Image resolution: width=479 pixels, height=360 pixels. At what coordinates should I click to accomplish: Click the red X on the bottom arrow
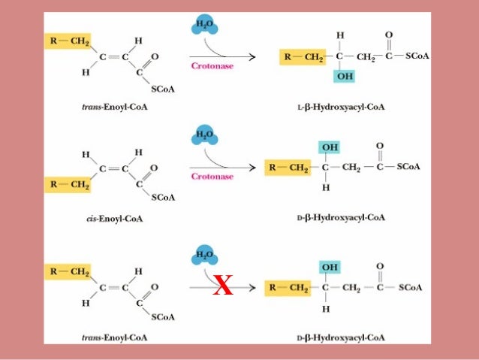coord(222,286)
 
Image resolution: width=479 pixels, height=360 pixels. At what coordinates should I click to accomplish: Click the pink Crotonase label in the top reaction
coord(212,66)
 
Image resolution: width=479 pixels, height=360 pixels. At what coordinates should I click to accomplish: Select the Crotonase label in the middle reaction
coord(212,177)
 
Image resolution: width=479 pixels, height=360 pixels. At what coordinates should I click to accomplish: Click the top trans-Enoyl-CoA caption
coord(115,108)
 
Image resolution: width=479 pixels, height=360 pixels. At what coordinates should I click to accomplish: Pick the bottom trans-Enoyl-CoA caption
coord(115,337)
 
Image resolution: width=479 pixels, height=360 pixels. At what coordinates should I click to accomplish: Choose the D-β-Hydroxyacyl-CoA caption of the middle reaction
coord(341,217)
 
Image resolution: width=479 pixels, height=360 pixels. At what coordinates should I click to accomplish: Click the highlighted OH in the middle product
coord(329,147)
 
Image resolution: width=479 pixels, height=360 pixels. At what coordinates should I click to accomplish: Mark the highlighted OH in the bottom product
coord(329,267)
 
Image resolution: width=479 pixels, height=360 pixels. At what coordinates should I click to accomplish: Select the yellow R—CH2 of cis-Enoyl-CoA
coord(68,183)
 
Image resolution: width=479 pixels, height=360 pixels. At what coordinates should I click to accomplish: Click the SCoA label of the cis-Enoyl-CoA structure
coord(163,198)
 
